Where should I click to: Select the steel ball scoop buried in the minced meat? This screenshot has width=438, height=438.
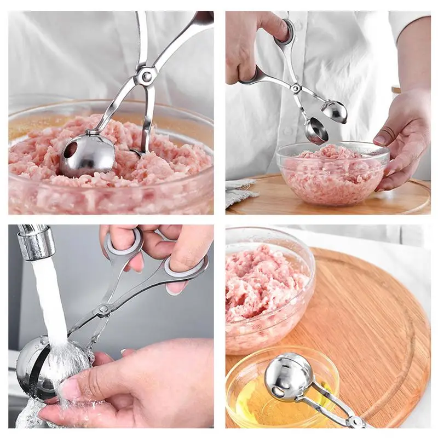click(88, 155)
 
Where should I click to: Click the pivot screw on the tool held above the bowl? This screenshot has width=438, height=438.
click(296, 88)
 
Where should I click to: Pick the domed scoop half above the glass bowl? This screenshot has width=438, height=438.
click(334, 111)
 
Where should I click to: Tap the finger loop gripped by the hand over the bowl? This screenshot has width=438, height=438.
click(284, 33)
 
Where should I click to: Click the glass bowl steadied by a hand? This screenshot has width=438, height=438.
click(331, 175)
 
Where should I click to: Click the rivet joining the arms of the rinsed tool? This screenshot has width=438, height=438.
click(102, 310)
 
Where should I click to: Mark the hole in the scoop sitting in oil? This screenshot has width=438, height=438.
click(279, 390)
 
